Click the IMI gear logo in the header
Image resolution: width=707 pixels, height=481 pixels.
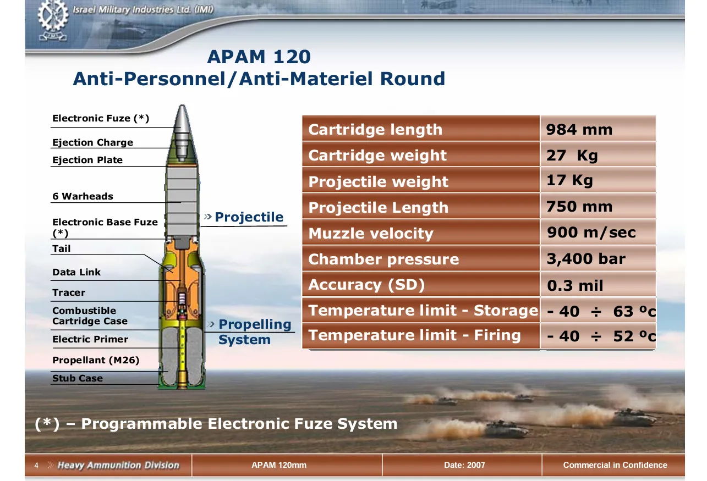point(53,20)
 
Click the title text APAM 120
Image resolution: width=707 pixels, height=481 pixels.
point(259,57)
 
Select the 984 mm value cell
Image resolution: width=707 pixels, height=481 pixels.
point(598,129)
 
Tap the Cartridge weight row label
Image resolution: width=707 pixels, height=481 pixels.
point(377,155)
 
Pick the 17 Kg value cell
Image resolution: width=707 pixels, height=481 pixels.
point(598,180)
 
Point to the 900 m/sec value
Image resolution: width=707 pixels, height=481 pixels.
point(591,233)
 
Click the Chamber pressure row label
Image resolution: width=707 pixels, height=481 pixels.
point(383,259)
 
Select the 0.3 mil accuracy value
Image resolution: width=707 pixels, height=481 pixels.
point(575,285)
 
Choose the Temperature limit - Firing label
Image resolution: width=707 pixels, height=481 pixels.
point(414,335)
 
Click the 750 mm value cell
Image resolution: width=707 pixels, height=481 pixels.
point(598,207)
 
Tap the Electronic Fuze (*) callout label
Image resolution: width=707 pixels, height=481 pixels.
point(100,118)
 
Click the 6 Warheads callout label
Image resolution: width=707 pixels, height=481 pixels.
point(83,196)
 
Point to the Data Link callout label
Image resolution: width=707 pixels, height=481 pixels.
point(76,272)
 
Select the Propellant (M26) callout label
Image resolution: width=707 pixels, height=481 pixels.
point(96,360)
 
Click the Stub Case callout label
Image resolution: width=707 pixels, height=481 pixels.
point(78,378)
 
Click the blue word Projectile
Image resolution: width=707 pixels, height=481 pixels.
point(249,217)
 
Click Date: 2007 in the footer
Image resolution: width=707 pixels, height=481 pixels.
point(464,465)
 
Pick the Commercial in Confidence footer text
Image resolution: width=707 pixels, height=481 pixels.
point(615,465)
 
